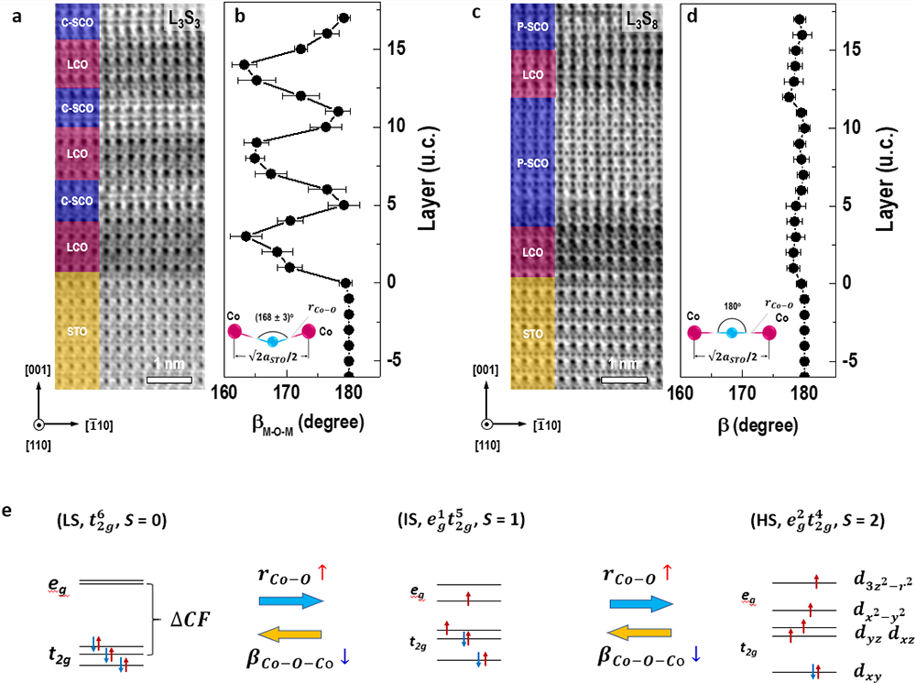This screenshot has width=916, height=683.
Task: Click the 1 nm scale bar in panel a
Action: [169, 379]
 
